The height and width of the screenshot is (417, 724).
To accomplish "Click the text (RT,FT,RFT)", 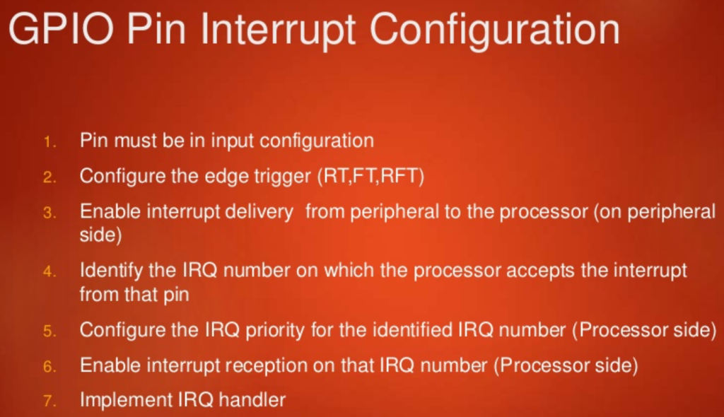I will (x=371, y=176).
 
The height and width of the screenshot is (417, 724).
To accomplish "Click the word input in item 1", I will (x=233, y=141).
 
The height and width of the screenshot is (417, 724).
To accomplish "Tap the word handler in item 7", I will (x=255, y=400).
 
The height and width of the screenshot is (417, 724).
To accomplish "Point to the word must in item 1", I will (x=136, y=141).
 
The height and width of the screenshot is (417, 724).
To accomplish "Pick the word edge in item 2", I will (x=228, y=176).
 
